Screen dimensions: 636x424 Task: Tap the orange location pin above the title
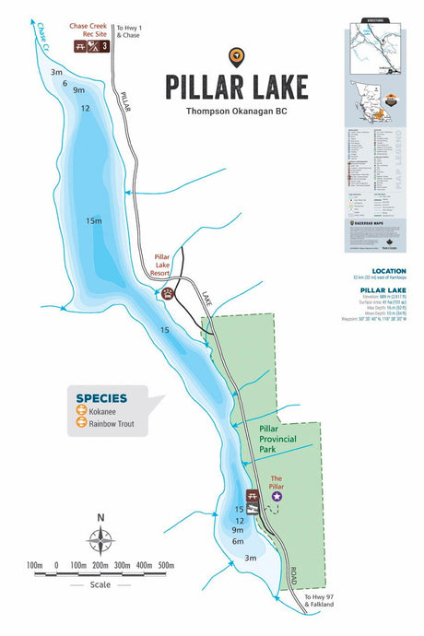tap(239, 56)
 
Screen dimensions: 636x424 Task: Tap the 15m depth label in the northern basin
tap(93, 221)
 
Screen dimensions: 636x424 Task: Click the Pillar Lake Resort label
tap(167, 266)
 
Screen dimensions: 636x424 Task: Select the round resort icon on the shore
tap(169, 294)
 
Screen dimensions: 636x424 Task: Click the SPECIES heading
tap(101, 398)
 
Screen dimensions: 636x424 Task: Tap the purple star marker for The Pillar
tap(277, 496)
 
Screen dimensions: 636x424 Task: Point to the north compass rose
tap(100, 539)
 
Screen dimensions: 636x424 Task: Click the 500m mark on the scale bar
tap(166, 564)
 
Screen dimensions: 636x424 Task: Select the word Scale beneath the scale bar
tap(100, 584)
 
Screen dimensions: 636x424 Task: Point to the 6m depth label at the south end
tap(238, 541)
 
